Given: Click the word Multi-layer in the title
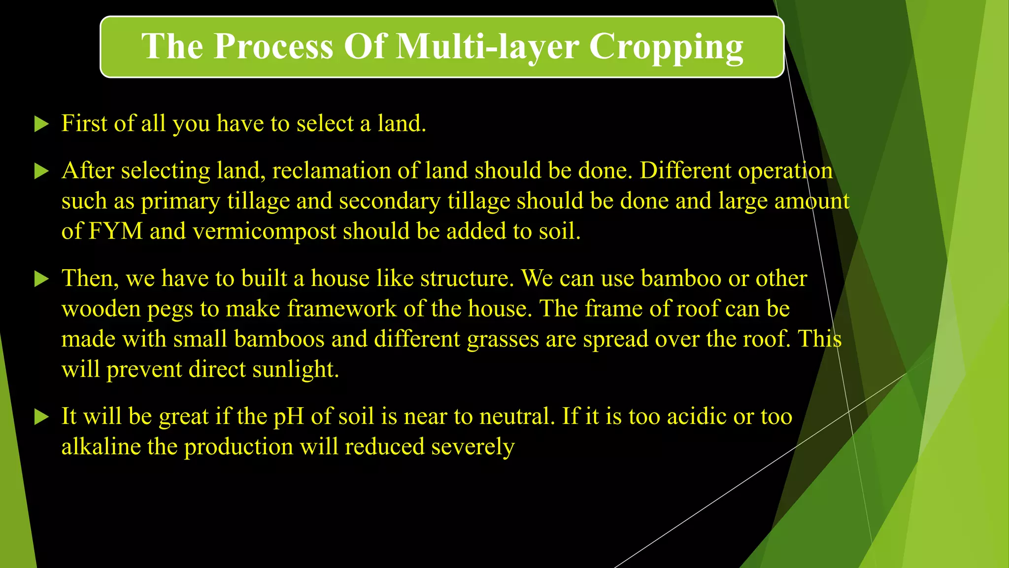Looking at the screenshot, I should tap(488, 47).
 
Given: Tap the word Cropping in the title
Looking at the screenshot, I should tap(666, 47).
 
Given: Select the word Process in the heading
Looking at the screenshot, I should tap(273, 47).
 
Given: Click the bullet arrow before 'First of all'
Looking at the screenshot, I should tap(42, 124).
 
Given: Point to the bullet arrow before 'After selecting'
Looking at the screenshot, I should tap(42, 172).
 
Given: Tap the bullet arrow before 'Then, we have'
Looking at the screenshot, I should tap(42, 280).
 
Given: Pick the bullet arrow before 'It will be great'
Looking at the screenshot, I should tap(42, 418).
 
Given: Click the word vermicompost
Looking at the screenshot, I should tap(264, 231).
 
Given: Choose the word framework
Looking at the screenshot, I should tap(341, 309).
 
